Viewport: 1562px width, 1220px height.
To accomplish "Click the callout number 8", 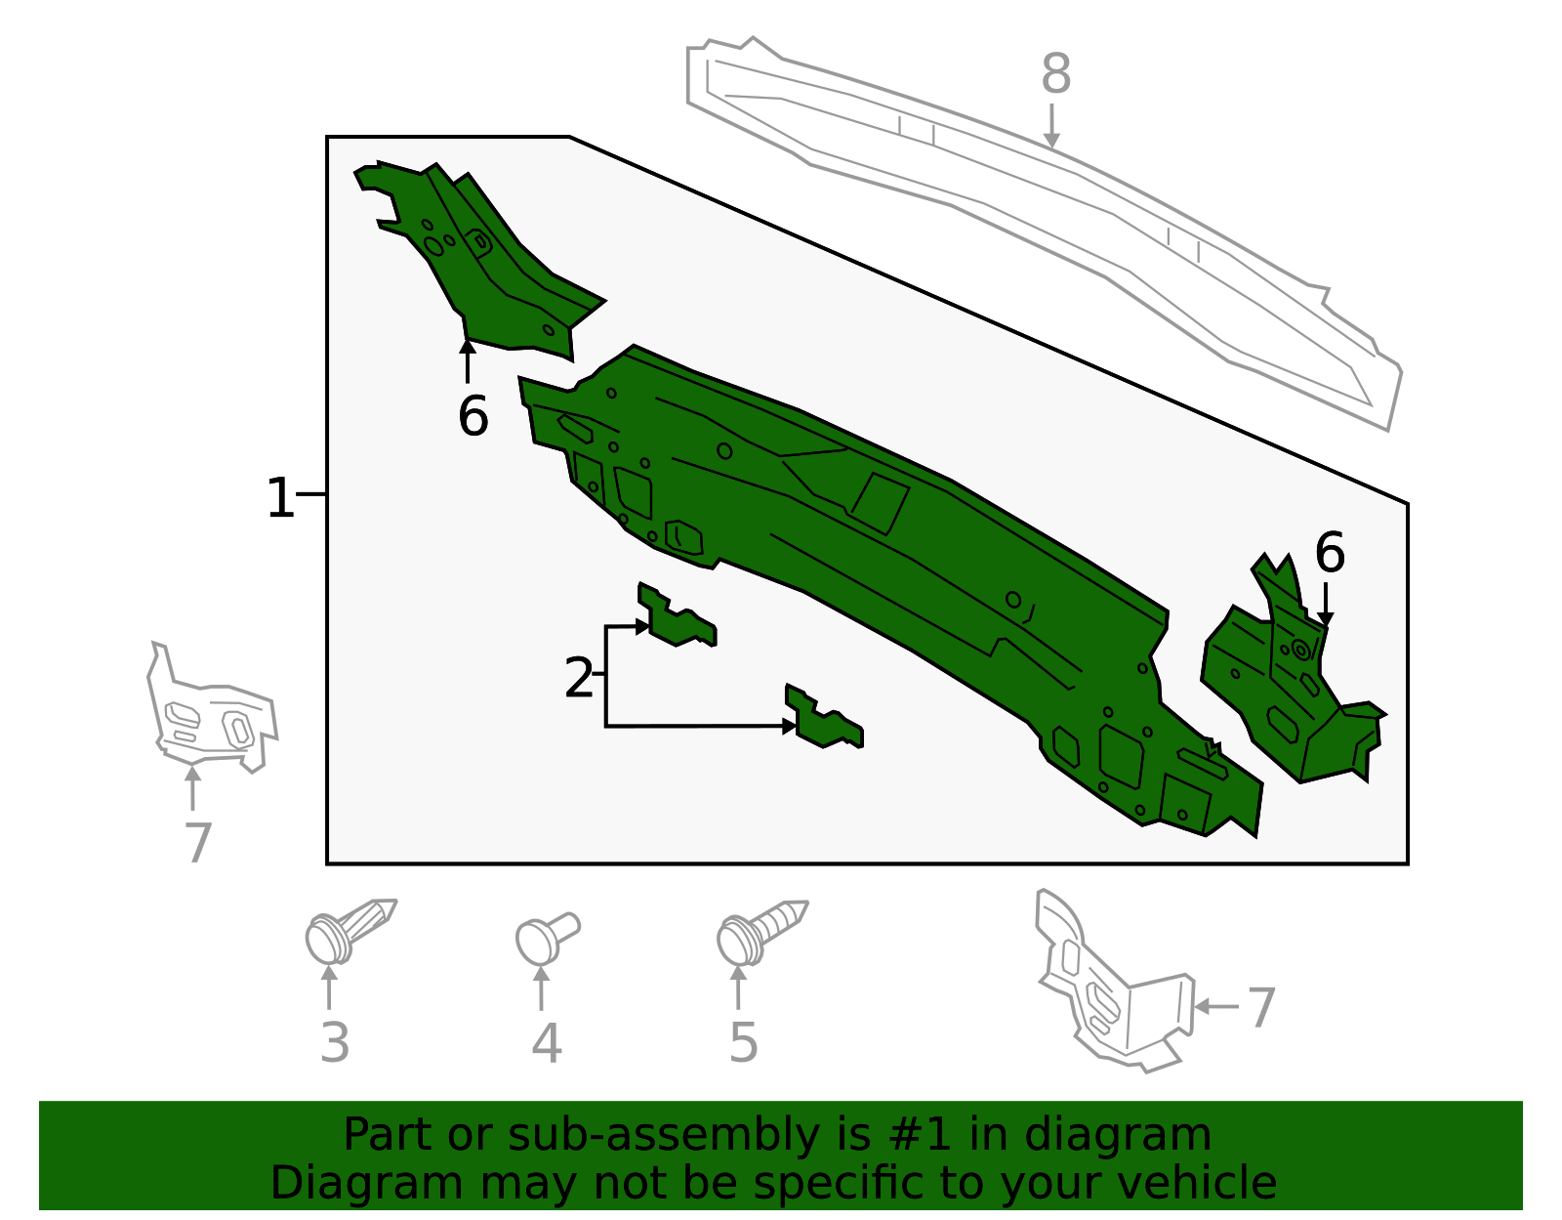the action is point(1055,73).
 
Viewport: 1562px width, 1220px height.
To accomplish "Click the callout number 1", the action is point(279,497).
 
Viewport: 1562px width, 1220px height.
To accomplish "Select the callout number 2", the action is point(579,677).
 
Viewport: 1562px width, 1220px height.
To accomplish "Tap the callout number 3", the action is point(334,1043).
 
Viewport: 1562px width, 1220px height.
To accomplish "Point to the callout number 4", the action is point(546,1043).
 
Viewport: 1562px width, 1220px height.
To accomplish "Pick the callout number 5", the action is point(743,1043).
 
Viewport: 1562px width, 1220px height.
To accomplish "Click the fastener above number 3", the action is point(349,930).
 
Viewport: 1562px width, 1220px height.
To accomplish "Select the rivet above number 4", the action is point(547,938).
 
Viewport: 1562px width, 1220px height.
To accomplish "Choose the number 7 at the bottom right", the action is point(1260,1007).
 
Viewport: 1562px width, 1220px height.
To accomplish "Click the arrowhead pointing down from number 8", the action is point(1050,140).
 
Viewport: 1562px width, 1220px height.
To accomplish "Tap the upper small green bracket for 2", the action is point(676,615).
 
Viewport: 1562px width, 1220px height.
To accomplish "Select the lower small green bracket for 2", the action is point(823,717).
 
